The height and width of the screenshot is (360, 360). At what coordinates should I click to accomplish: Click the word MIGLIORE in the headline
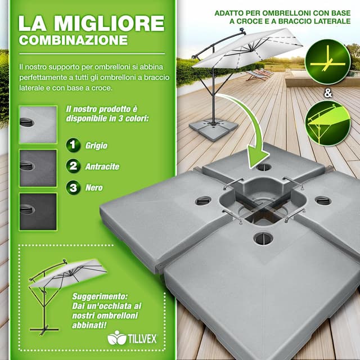click(109, 24)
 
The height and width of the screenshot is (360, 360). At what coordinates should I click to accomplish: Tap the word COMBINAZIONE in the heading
click(73, 41)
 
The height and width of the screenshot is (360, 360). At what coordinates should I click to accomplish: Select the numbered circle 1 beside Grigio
click(73, 145)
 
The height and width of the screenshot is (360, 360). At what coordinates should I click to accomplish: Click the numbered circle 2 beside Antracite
click(73, 166)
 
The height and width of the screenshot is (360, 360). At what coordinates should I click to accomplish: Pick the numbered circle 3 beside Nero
click(73, 187)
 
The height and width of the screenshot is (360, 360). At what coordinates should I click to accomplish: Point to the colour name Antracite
click(102, 166)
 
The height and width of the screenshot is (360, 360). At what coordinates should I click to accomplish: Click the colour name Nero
click(94, 188)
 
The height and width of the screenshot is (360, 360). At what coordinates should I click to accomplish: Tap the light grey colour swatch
click(38, 124)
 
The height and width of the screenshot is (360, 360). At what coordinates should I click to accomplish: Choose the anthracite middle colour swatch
click(38, 168)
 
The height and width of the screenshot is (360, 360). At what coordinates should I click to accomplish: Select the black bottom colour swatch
click(38, 211)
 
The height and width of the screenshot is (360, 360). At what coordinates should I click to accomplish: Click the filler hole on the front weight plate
click(263, 238)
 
